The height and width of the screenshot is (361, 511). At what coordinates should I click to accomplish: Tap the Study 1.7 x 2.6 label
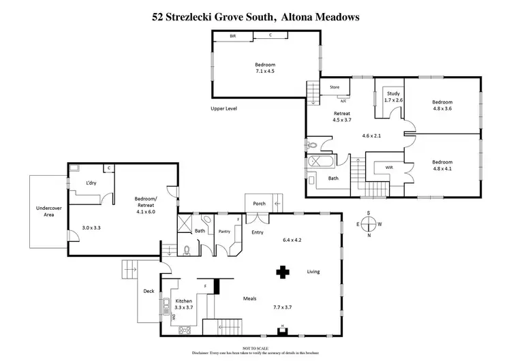click(393, 97)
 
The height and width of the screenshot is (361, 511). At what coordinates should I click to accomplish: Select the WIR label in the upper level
click(388, 166)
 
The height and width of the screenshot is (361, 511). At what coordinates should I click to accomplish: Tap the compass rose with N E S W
click(369, 224)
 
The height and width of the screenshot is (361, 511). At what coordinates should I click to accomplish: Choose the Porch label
click(259, 202)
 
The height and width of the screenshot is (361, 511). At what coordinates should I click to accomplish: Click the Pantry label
click(225, 232)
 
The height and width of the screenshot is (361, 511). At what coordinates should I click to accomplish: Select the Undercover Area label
click(48, 212)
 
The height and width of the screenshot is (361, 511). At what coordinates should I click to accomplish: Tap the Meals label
click(249, 298)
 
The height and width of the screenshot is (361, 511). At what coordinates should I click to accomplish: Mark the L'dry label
click(90, 183)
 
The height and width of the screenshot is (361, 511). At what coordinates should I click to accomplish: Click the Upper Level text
click(226, 108)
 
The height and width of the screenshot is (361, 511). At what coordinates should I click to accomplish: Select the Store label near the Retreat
click(335, 87)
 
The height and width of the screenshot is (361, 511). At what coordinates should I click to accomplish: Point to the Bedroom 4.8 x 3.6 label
click(442, 106)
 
